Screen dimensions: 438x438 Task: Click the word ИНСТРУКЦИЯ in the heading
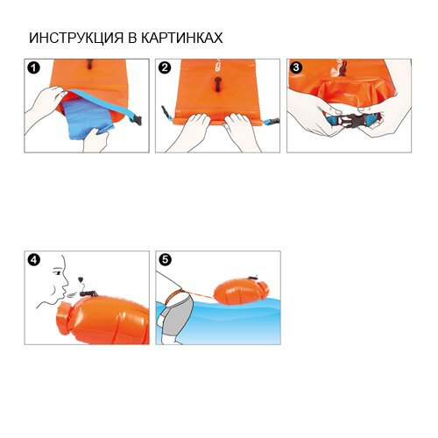tap(76, 39)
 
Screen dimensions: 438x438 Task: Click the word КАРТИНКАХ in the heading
tap(182, 38)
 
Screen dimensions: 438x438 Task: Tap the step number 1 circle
tap(33, 68)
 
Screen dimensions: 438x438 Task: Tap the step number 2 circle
tap(165, 67)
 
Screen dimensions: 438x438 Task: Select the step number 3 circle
tap(296, 67)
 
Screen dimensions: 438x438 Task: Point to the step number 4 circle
tap(34, 259)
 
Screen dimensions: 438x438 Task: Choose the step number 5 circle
tap(166, 259)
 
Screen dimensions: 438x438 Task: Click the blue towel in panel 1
tap(87, 118)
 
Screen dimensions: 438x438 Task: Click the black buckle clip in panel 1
tap(136, 120)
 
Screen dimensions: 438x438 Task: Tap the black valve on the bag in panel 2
tap(218, 84)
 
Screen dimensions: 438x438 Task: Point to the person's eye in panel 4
tap(58, 273)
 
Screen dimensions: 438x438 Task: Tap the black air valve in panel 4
tap(88, 293)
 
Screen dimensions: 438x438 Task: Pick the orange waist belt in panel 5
tap(174, 295)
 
